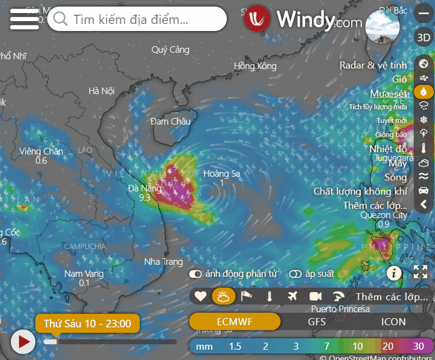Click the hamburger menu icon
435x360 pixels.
(24, 20)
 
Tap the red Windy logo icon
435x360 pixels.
(257, 19)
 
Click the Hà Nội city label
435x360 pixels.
(102, 91)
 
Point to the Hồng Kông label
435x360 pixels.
(255, 66)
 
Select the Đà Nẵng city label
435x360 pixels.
(145, 188)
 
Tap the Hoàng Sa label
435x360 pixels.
(221, 174)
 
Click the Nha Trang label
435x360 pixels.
(163, 262)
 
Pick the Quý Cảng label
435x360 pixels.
(170, 50)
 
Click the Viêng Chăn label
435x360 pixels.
(41, 151)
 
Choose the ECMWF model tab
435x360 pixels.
(234, 321)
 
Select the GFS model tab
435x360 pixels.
(317, 321)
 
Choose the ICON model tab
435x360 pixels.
(393, 321)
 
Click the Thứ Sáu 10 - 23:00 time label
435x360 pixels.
(87, 324)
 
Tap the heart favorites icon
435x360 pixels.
(201, 296)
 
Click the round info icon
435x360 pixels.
(394, 272)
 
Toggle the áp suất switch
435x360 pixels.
(296, 274)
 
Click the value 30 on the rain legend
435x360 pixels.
(419, 346)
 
